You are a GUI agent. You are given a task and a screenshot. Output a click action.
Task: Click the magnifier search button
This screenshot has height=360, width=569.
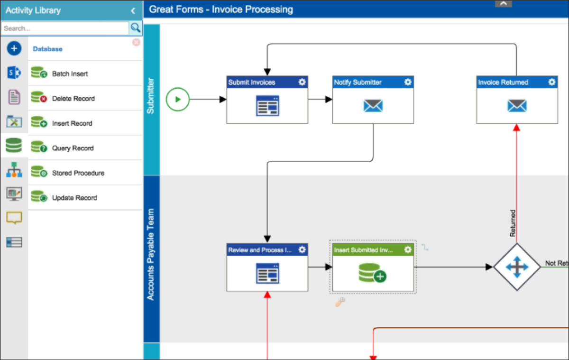136,28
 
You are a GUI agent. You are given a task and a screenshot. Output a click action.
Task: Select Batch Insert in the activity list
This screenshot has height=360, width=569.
70,74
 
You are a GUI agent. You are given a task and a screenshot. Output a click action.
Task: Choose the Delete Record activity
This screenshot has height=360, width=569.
73,99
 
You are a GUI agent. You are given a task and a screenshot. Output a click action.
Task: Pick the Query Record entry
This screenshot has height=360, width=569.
73,148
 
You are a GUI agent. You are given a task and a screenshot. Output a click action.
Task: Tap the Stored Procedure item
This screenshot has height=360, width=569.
78,173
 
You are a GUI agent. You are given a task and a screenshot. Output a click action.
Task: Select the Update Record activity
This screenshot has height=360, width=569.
74,198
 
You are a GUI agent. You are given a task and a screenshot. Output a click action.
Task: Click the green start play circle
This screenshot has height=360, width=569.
178,100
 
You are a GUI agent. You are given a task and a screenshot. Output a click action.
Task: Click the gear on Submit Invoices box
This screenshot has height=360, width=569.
302,82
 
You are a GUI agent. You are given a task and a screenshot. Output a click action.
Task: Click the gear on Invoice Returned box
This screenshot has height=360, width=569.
551,82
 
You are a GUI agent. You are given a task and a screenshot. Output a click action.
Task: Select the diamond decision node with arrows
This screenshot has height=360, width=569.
517,267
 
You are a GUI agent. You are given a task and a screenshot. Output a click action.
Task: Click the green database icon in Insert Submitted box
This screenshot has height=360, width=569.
372,273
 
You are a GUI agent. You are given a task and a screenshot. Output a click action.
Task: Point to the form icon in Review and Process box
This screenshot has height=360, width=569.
267,273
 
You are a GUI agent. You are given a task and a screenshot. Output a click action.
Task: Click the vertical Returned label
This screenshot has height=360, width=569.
513,223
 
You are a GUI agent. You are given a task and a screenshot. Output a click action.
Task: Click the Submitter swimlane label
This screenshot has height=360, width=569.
151,96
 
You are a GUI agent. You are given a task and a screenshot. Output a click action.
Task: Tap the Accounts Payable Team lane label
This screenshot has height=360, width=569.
151,255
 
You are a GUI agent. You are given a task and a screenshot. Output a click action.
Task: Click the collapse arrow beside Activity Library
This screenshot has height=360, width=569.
133,10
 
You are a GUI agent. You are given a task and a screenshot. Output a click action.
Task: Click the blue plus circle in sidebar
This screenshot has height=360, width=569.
14,48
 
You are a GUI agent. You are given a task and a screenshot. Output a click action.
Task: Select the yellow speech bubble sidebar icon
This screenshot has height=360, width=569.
14,218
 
